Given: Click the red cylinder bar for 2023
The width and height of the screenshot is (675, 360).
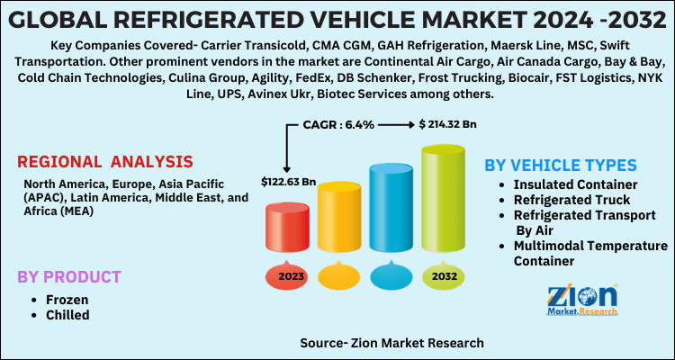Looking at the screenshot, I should pos(290,231).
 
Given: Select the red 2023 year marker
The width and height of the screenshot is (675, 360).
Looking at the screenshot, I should pos(290,276).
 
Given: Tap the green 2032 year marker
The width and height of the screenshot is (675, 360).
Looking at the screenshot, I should pos(444,276).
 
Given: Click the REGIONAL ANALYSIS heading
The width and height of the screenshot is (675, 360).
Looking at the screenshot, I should pos(104,161).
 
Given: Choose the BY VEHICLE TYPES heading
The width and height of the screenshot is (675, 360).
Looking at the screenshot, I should pos(561,166).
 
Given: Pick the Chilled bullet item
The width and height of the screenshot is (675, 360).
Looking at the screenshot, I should pos(67,315).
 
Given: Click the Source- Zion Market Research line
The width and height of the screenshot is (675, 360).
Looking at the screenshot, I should pos(392,343).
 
